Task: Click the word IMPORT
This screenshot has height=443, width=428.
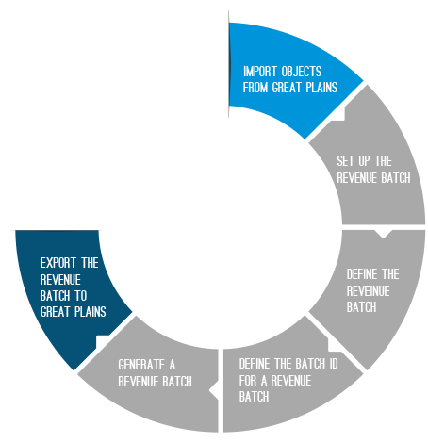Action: [260, 72]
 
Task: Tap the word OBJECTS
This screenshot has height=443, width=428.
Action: [302, 72]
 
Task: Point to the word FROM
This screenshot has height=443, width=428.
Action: [255, 88]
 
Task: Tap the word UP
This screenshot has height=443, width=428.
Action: [365, 161]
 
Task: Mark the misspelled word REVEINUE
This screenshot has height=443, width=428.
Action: [368, 291]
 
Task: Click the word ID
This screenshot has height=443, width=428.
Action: [334, 364]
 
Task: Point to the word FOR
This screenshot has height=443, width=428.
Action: [248, 381]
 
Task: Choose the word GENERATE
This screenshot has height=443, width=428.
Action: [141, 365]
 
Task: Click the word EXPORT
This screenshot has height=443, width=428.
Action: [58, 263]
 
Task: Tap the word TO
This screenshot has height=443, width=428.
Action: [80, 296]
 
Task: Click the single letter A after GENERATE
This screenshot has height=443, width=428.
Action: [173, 365]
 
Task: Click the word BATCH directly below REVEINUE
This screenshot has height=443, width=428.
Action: [361, 307]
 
